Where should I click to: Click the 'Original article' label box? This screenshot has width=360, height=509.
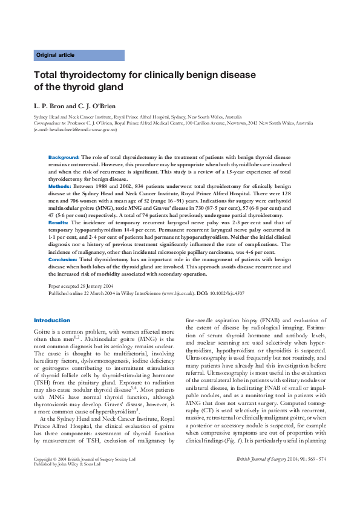[79, 55]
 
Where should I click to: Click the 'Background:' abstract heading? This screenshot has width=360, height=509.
[64, 157]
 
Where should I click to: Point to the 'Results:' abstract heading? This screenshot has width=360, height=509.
[58, 223]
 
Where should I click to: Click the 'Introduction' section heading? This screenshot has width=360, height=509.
[52, 320]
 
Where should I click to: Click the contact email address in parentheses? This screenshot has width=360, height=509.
[76, 129]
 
